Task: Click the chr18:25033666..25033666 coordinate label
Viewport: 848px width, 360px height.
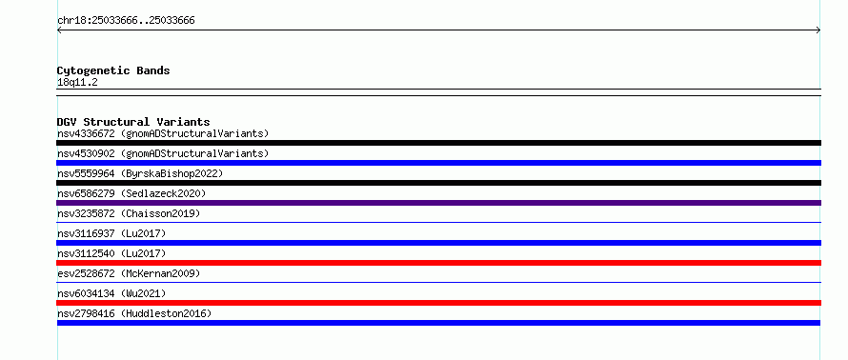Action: pyautogui.click(x=126, y=21)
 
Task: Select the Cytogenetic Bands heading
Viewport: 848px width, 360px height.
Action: pyautogui.click(x=113, y=70)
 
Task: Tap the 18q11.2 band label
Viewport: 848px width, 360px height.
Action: pyautogui.click(x=77, y=83)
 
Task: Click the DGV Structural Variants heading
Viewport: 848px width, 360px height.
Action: pyautogui.click(x=133, y=122)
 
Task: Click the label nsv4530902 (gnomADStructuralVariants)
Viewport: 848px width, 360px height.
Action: pyautogui.click(x=163, y=153)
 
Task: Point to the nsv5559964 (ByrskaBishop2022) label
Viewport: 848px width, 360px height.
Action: pyautogui.click(x=140, y=173)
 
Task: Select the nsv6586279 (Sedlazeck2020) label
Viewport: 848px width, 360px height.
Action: pyautogui.click(x=131, y=193)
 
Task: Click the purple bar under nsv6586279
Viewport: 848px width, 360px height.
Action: pyautogui.click(x=438, y=203)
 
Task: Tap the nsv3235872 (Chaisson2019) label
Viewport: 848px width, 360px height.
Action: pyautogui.click(x=129, y=213)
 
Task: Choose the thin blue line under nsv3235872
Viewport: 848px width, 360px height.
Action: pyautogui.click(x=438, y=222)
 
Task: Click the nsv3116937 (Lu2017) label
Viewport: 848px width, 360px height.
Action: pyautogui.click(x=111, y=233)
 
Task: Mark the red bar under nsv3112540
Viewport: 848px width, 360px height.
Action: pyautogui.click(x=438, y=263)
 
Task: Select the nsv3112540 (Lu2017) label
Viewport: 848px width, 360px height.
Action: pyautogui.click(x=111, y=253)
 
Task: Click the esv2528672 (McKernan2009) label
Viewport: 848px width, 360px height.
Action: pyautogui.click(x=129, y=273)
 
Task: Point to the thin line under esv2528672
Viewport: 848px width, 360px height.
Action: pyautogui.click(x=438, y=282)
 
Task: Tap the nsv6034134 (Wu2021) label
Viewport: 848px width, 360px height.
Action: pyautogui.click(x=111, y=293)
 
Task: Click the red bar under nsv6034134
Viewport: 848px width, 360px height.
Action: pyautogui.click(x=438, y=303)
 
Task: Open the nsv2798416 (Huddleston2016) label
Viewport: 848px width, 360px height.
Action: pyautogui.click(x=134, y=313)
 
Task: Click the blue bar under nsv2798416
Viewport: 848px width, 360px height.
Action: pyautogui.click(x=438, y=323)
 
